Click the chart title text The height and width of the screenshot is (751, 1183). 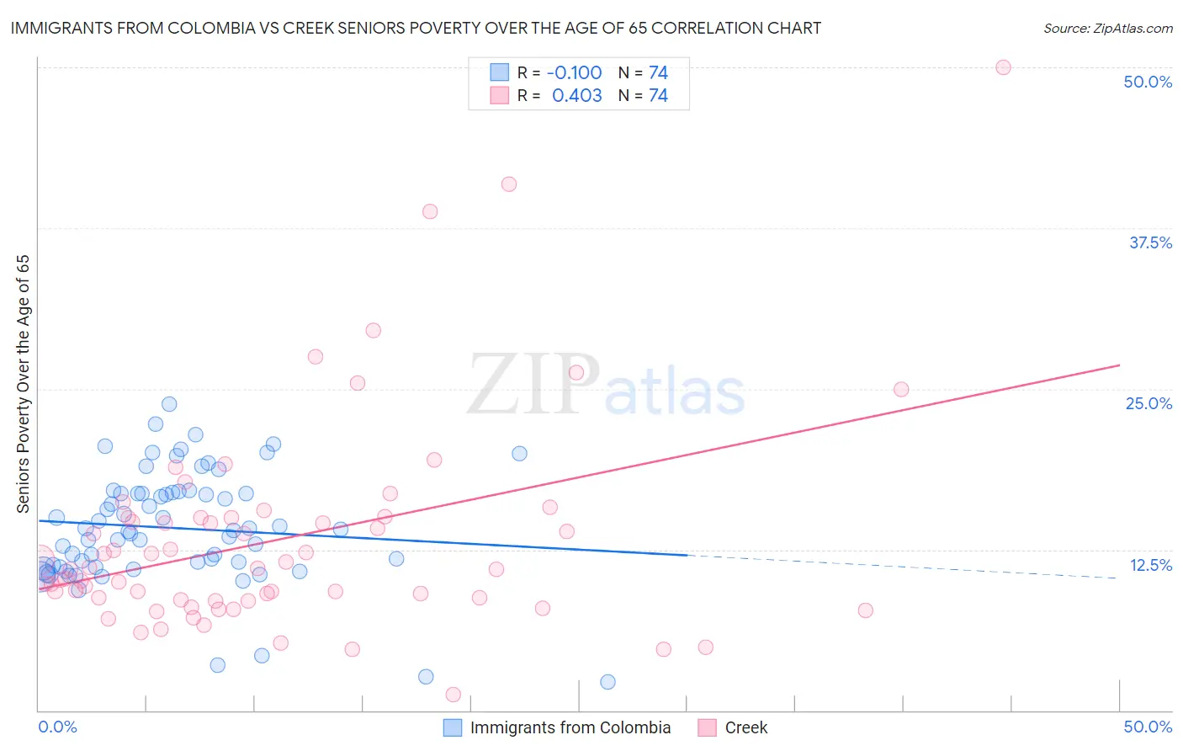[416, 28]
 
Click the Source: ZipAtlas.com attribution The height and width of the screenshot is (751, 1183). [1107, 28]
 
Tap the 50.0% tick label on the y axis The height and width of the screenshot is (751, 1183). [1148, 82]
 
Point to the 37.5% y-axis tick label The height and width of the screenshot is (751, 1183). [1150, 242]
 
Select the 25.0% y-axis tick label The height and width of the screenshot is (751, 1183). [1149, 403]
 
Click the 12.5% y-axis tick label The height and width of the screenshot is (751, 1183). [1150, 565]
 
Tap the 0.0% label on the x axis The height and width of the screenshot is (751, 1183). [57, 727]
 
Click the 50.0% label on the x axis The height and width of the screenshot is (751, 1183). [1148, 727]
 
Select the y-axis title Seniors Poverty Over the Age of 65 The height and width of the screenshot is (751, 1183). [24, 384]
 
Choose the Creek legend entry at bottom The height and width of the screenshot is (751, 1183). [745, 727]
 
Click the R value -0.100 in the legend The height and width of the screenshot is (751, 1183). [574, 72]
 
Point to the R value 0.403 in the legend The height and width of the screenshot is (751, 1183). [576, 96]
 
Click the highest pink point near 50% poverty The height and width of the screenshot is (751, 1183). [1003, 67]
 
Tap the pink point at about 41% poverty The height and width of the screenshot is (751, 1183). [509, 184]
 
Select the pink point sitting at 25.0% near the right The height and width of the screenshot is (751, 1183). [901, 389]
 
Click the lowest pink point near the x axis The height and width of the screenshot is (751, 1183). [454, 695]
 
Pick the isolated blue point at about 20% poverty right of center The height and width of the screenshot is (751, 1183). [520, 454]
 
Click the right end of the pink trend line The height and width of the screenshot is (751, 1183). [1119, 365]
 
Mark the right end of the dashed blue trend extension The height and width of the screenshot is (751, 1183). [1117, 578]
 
